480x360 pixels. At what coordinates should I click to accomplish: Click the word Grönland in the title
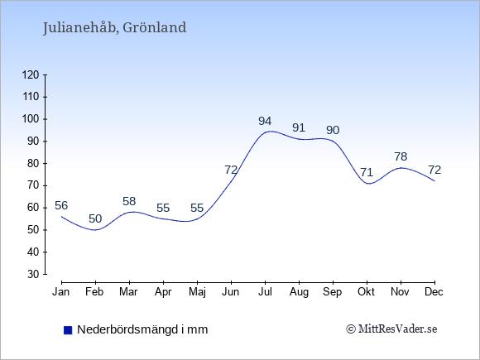point(154,27)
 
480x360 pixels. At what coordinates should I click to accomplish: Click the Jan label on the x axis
point(61,292)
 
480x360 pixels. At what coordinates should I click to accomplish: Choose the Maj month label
point(197,292)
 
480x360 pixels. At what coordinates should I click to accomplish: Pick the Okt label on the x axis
point(366,292)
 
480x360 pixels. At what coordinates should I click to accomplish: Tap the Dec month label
point(434,292)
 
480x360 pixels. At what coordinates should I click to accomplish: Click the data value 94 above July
point(265,121)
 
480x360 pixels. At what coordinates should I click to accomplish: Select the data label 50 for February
point(95,218)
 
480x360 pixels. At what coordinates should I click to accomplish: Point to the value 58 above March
point(129,201)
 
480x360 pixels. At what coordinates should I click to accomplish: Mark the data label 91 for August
point(299,127)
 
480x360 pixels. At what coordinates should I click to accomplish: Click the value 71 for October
point(367,172)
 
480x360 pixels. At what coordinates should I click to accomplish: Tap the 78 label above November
point(401,156)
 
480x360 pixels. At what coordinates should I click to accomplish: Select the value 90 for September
point(333,130)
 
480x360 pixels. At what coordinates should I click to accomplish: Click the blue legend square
point(68,330)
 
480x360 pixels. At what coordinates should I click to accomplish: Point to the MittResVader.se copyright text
point(391,329)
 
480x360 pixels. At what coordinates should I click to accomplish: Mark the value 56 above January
point(61,205)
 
